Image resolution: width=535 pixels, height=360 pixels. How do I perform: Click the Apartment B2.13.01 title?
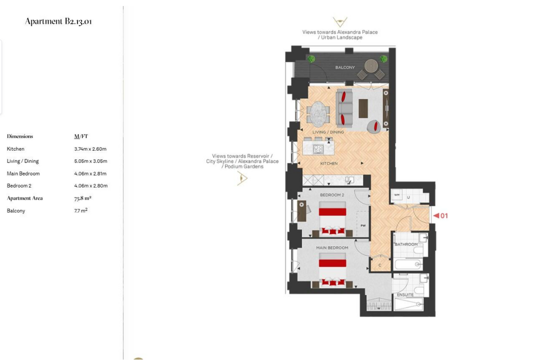58,21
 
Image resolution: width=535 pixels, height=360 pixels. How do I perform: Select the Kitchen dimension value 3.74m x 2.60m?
90,149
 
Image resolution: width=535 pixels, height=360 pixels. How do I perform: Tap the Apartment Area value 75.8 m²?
82,198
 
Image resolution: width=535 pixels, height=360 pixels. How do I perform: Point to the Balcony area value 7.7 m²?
81,210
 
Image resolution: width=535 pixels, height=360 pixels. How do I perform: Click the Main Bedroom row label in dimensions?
23,173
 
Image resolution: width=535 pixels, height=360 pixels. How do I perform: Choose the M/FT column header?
81,136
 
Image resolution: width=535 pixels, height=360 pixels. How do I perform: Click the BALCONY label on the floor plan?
345,67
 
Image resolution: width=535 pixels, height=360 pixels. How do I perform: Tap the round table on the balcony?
371,66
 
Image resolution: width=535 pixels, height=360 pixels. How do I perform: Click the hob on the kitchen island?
318,149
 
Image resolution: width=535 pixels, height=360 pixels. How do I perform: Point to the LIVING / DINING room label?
328,132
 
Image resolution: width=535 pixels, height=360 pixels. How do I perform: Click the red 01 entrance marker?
440,215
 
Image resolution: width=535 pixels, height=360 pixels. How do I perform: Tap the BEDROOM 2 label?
332,195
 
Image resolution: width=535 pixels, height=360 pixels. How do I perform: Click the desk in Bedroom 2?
301,211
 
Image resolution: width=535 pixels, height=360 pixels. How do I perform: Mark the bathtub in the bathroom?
408,264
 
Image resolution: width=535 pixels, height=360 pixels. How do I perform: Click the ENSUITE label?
405,294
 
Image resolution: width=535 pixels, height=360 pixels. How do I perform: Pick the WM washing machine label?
397,195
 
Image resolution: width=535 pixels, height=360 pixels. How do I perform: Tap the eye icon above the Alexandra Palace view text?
340,22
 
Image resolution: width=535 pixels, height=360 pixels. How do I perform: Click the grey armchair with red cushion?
374,126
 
